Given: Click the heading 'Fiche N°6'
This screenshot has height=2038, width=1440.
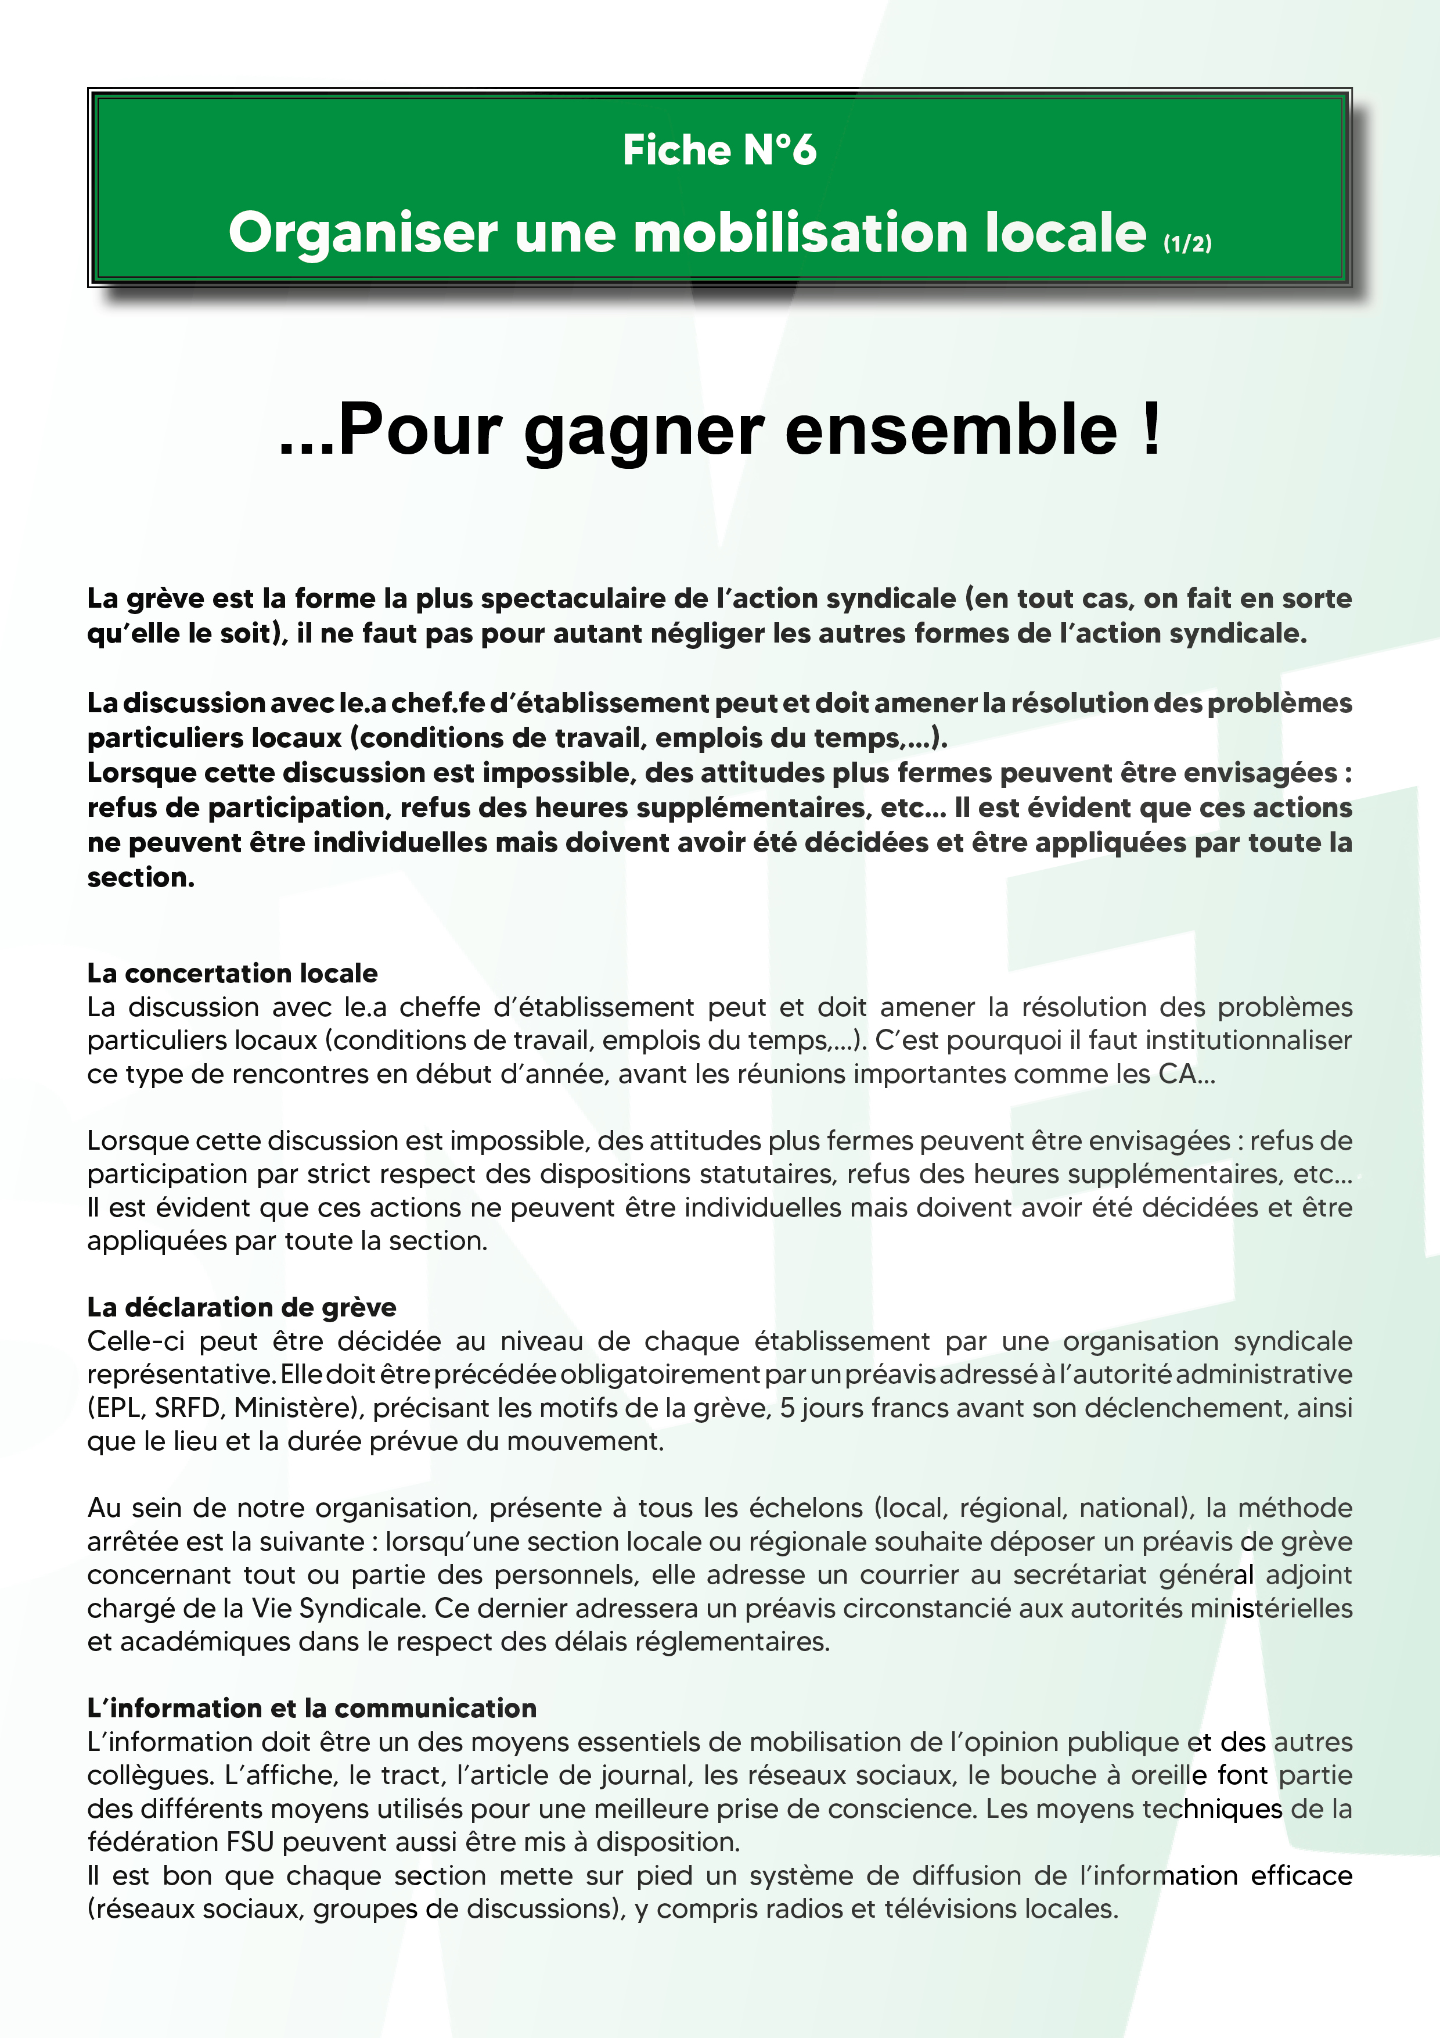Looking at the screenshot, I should pos(719,150).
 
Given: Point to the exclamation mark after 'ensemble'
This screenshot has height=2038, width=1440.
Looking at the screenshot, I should pos(1151,429).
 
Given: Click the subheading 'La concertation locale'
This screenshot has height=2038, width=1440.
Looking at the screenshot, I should pos(232,974).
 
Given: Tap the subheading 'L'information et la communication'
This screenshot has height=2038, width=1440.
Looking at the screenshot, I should pos(311,1709).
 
